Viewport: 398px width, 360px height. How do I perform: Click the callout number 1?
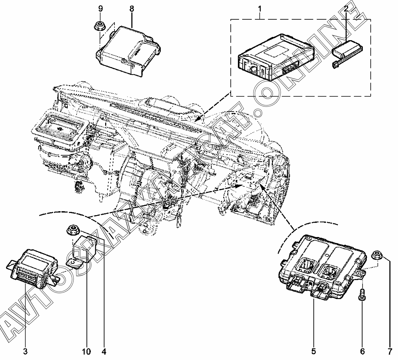[260, 9]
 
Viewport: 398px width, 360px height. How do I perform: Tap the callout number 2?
[346, 9]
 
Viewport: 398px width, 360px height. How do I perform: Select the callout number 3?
[25, 351]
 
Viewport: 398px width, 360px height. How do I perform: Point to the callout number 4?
[104, 351]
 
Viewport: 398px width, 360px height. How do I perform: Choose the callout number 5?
[313, 351]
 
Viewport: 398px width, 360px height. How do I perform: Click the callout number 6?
[362, 351]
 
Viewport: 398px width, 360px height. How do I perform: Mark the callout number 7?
[390, 351]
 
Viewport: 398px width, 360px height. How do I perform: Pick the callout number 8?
[131, 9]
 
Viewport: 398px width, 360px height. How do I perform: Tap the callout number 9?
[100, 9]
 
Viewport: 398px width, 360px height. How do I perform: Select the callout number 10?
[86, 351]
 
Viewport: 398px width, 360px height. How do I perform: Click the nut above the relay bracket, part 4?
[72, 231]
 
